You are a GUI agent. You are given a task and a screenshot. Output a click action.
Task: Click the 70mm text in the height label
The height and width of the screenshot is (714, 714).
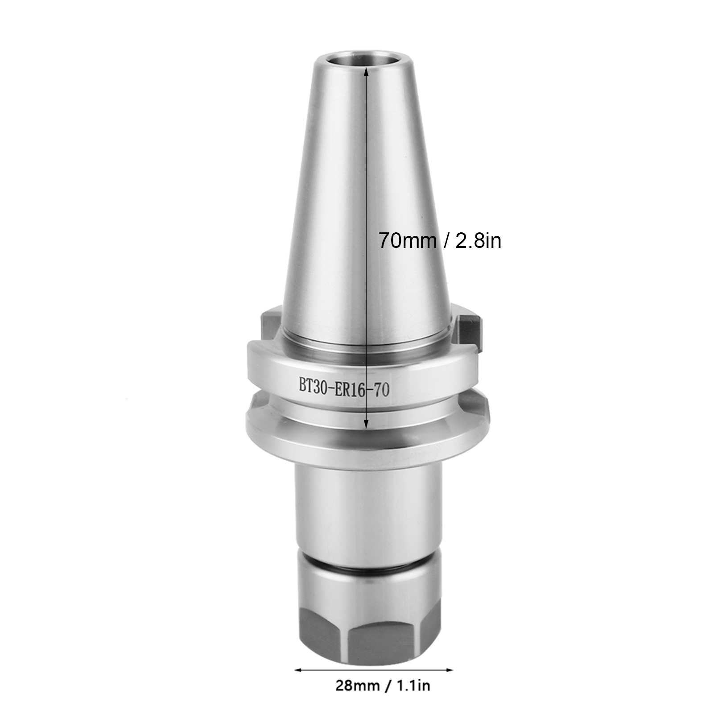(x=408, y=241)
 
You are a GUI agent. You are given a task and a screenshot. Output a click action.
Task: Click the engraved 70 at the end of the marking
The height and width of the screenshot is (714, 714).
(x=382, y=391)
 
